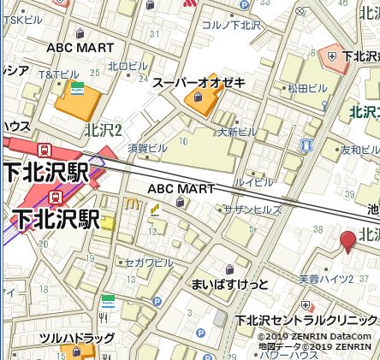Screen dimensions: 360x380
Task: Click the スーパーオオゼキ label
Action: point(198,83)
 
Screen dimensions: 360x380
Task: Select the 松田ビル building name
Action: point(309,88)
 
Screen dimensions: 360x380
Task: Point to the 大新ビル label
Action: point(237,132)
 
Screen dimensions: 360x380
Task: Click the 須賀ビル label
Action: point(149,147)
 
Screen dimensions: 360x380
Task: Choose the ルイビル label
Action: point(254,181)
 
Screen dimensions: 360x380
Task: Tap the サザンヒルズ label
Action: point(252,210)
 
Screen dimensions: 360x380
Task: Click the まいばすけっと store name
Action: point(229,283)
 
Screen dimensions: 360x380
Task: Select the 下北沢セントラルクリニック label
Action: point(306,321)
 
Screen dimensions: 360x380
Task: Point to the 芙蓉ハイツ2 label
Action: point(325,280)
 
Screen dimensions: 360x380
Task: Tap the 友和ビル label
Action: point(359,150)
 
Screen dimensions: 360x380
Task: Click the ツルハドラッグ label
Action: point(76,339)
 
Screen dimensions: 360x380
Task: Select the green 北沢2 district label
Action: point(104,130)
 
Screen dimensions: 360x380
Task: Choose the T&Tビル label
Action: point(59,74)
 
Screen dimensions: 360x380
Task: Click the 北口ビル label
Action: point(127,66)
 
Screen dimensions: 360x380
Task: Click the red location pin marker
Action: point(347,240)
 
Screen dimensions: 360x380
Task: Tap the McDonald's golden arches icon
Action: point(132,204)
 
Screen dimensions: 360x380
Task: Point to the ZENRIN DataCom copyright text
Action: point(315,336)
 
